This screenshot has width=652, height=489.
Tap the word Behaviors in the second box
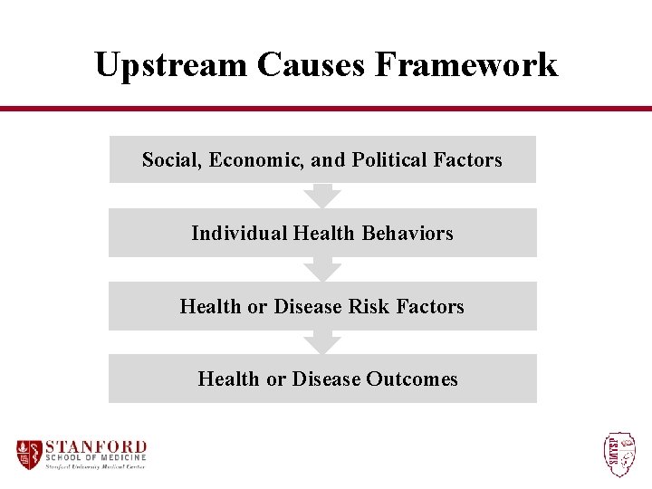tap(407, 234)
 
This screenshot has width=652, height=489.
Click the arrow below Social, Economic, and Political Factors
tap(322, 195)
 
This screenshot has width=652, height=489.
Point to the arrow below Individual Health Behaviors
tap(322, 269)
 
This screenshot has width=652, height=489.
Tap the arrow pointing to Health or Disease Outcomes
tap(322, 341)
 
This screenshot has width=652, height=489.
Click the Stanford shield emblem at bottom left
tap(29, 453)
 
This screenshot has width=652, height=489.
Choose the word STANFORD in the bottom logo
tap(95, 446)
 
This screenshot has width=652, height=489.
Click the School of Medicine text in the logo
tap(95, 458)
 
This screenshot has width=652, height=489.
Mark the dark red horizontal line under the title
tap(326, 109)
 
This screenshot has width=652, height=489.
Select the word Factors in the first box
tap(467, 160)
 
